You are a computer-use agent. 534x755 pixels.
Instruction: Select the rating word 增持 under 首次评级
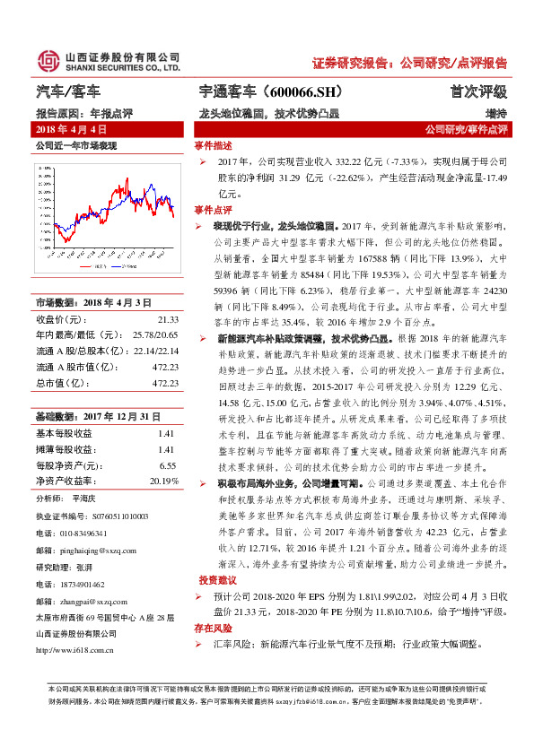[495, 114]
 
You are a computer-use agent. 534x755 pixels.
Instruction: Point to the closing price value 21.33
[168, 318]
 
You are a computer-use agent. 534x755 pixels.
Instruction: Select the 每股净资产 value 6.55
[167, 465]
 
